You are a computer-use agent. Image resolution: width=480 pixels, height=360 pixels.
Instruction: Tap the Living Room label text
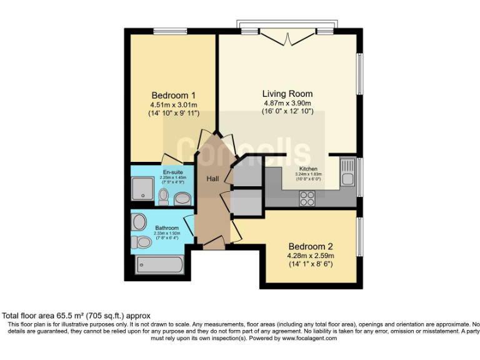(x=287, y=94)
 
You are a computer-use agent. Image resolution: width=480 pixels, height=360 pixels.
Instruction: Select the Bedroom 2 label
(x=310, y=246)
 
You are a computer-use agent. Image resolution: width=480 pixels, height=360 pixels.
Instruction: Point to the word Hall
(x=213, y=179)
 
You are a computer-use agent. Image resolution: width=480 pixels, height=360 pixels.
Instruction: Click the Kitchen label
(x=309, y=169)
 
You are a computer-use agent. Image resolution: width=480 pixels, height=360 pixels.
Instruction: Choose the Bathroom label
(x=167, y=227)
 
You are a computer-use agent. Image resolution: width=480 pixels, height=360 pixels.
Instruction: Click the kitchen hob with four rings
(x=307, y=197)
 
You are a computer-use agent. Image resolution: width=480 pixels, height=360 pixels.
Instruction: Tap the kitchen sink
(x=347, y=173)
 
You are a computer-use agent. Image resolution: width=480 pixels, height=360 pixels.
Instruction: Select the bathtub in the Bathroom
(x=159, y=264)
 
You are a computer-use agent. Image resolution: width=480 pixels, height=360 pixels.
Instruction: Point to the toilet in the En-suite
(x=164, y=196)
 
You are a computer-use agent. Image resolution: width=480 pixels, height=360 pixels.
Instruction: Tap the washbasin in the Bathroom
(x=139, y=221)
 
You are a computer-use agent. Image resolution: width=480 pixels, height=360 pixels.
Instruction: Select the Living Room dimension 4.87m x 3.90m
(x=287, y=103)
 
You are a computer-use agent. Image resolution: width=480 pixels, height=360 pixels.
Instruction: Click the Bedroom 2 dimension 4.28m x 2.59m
(x=310, y=255)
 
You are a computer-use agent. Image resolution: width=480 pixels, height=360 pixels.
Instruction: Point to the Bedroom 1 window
(x=170, y=31)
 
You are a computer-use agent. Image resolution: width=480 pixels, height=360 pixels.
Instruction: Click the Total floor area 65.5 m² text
(x=76, y=316)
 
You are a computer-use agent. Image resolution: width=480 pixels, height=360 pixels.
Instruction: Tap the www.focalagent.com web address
(x=306, y=338)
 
